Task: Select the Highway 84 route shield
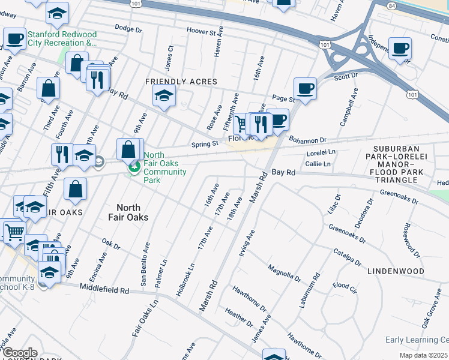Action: (392, 5)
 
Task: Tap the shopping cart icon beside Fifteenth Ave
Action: (241, 124)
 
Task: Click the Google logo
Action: (20, 353)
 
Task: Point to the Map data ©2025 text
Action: (423, 355)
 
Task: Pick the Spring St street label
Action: (205, 144)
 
